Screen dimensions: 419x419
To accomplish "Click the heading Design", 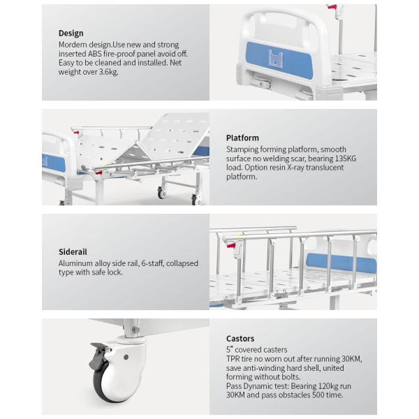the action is (71, 33).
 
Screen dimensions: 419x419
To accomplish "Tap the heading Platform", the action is (242, 138).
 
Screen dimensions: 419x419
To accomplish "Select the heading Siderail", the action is (73, 251).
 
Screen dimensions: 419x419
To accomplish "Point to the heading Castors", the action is (240, 339).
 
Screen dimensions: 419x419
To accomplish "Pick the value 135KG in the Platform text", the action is (346, 159).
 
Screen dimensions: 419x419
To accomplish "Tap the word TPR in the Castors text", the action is (233, 359).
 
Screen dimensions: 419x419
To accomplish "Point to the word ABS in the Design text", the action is (95, 54).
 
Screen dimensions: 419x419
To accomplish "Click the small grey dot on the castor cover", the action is (126, 357).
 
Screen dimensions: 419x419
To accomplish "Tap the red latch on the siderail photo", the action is (231, 244).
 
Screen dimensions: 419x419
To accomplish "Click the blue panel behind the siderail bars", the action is (341, 263).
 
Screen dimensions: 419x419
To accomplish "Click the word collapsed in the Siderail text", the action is (182, 263).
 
